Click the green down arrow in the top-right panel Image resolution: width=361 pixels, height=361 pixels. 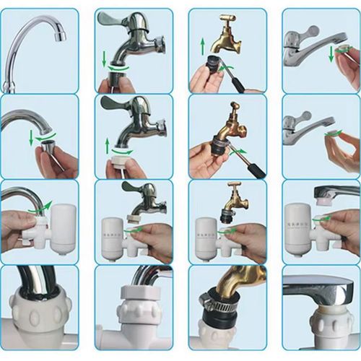[331, 53]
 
